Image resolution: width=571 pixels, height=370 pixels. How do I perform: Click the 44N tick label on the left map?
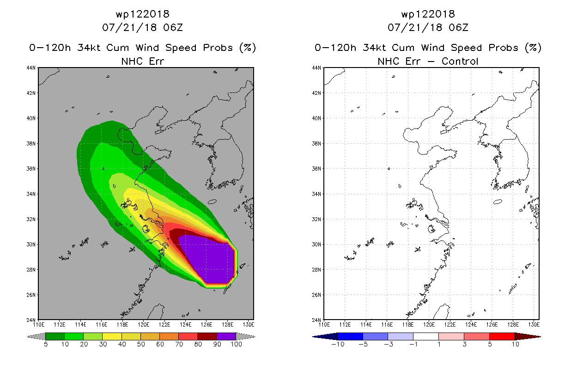(x=31, y=68)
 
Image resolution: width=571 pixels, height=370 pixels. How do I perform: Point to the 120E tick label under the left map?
(x=143, y=325)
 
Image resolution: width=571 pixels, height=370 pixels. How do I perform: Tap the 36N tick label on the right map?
(x=316, y=169)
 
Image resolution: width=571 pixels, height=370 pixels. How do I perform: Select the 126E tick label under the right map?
(x=492, y=325)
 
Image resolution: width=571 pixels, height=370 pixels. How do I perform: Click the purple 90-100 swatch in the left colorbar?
(x=226, y=336)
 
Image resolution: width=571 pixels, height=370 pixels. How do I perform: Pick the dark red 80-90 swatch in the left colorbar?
(x=207, y=336)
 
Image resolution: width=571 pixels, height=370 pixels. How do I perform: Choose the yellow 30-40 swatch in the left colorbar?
(x=112, y=336)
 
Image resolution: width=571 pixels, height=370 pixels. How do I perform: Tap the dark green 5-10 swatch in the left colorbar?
(x=55, y=336)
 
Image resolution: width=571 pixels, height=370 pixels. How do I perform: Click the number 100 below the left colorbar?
(x=236, y=344)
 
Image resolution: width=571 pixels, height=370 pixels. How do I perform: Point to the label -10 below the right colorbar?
(x=338, y=344)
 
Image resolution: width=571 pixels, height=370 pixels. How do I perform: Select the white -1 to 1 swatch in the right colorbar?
(x=426, y=336)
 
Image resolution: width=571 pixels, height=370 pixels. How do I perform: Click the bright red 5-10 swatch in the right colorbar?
(x=502, y=336)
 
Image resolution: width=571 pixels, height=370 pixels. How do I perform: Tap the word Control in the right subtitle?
(x=460, y=61)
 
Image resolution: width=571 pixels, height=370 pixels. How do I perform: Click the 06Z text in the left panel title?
(x=173, y=27)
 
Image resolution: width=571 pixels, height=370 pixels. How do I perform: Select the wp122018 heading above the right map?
(x=428, y=14)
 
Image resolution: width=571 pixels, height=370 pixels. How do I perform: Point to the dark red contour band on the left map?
(x=176, y=236)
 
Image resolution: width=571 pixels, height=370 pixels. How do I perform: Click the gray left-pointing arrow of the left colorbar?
(x=36, y=337)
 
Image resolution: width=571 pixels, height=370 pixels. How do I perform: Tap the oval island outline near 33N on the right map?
(x=498, y=202)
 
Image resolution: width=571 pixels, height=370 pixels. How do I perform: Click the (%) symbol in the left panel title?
(x=247, y=48)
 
